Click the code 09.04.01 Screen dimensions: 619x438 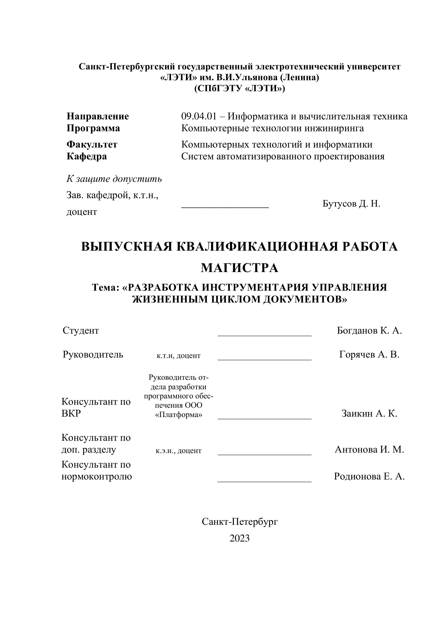tap(199, 116)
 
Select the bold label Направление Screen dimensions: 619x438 tap(98, 116)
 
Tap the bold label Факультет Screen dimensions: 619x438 tap(92, 145)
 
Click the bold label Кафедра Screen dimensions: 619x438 tap(87, 156)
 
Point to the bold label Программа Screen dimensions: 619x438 tap(93, 128)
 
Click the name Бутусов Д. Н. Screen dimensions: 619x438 tap(351, 204)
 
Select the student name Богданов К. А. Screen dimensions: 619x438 tap(369, 330)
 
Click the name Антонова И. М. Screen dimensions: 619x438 tap(369, 449)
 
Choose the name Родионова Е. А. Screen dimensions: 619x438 tap(369, 476)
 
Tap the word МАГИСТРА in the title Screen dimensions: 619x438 tap(240, 268)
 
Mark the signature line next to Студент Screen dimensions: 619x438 tap(265, 335)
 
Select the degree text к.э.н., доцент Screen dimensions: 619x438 tap(179, 450)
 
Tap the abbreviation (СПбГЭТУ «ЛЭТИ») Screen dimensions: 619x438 tap(240, 88)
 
